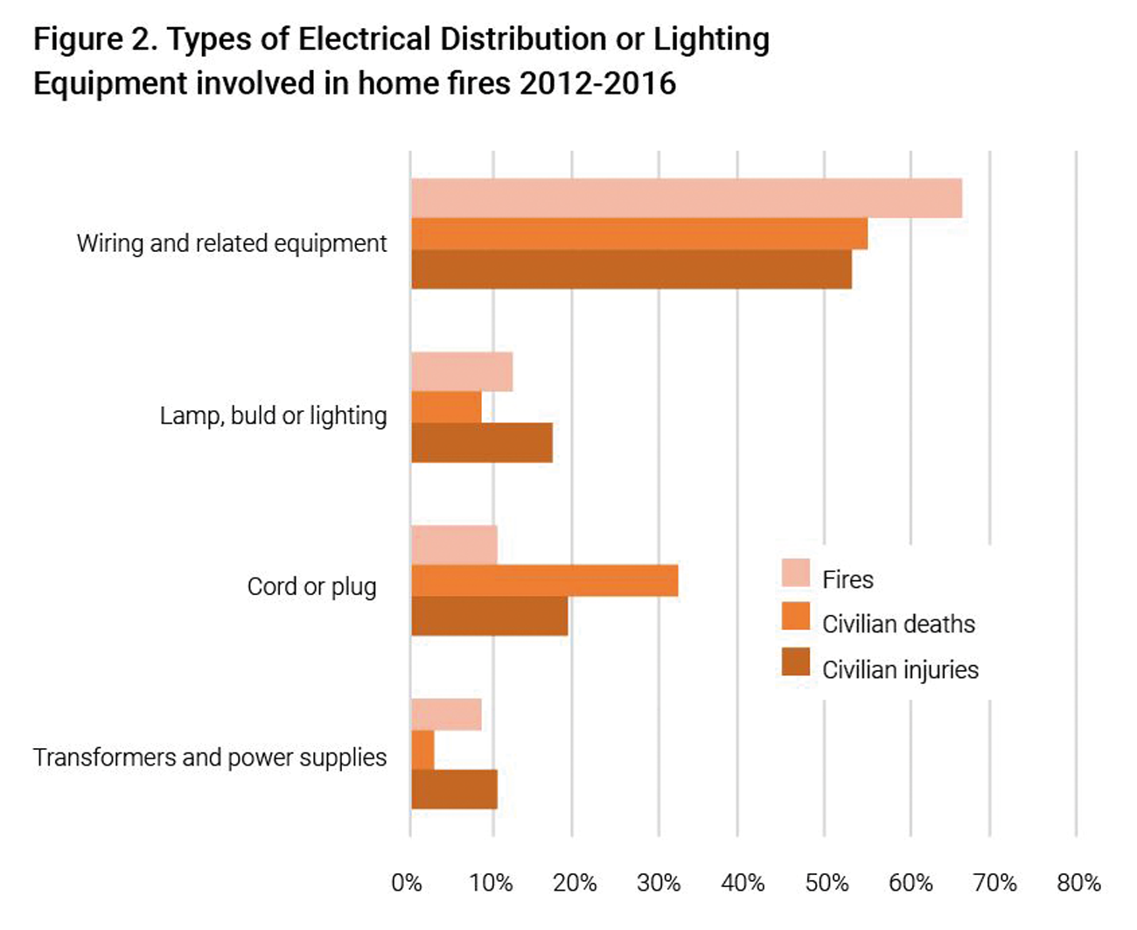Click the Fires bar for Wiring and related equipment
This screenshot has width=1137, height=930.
pos(687,198)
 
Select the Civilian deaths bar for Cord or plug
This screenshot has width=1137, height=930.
pos(545,580)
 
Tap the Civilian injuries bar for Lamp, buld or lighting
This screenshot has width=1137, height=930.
pos(482,443)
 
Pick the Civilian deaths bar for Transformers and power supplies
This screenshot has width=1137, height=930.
pos(422,750)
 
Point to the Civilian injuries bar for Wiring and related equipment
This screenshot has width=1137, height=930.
pos(631,269)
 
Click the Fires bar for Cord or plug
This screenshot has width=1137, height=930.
pos(454,545)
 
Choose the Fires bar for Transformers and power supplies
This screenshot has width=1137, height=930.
pos(446,715)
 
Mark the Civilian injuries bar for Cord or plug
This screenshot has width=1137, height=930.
pos(490,616)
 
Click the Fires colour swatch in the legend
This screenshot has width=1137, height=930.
pos(796,573)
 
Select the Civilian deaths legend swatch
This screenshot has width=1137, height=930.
pos(796,616)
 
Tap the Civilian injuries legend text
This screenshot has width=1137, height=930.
pos(900,670)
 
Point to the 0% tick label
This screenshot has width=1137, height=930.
pos(406,883)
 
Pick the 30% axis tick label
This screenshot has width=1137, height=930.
pos(659,883)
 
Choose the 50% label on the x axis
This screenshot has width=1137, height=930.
pos(827,883)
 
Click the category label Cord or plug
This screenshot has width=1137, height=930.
pos(311,587)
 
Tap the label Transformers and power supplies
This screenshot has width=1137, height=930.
pos(210,758)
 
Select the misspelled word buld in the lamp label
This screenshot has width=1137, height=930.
pos(254,416)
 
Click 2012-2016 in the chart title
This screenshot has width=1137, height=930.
pos(597,84)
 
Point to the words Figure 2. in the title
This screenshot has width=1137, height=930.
pos(95,40)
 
